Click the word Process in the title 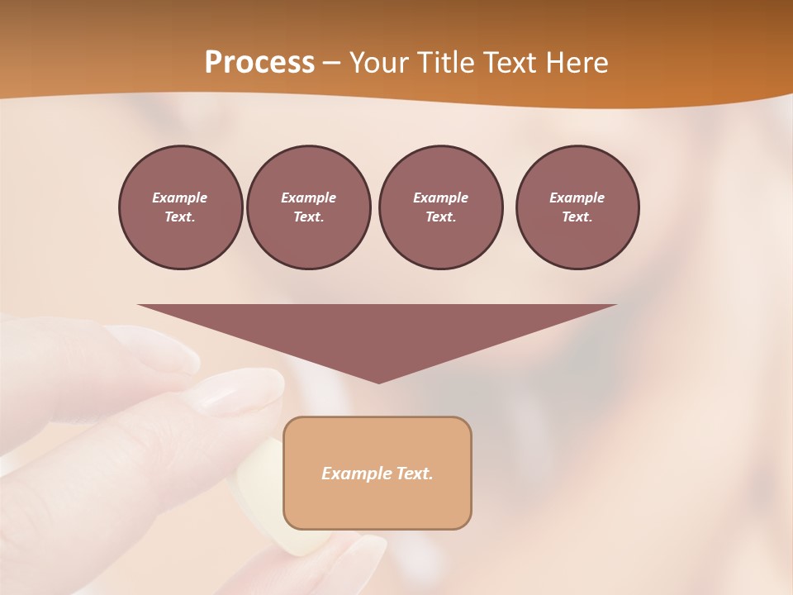259,63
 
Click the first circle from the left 180,207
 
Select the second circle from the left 308,207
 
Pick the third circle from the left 440,207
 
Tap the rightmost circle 577,207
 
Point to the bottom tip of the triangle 378,381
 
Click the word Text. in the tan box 415,474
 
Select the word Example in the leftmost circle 180,198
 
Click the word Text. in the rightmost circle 577,217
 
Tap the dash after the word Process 331,63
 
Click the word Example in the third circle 440,198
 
